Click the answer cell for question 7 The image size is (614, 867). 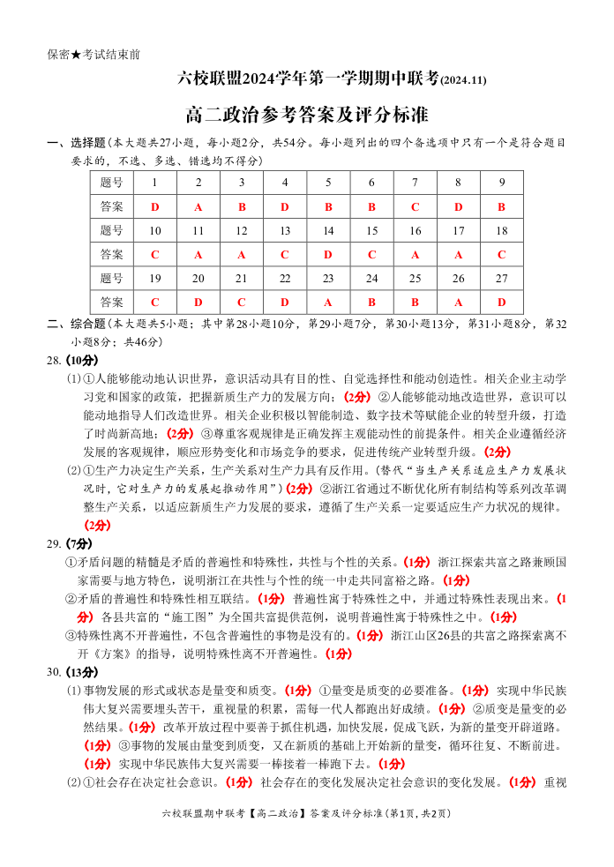(x=415, y=206)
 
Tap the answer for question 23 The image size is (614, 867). (x=328, y=302)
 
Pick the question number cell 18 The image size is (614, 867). (x=501, y=230)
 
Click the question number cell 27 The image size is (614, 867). (x=501, y=278)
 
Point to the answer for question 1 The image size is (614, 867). (x=155, y=206)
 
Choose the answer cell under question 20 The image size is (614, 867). (x=198, y=302)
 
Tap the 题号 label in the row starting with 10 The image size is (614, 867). (x=112, y=230)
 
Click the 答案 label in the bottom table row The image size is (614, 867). (x=112, y=302)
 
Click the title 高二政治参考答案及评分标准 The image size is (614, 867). (x=307, y=115)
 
